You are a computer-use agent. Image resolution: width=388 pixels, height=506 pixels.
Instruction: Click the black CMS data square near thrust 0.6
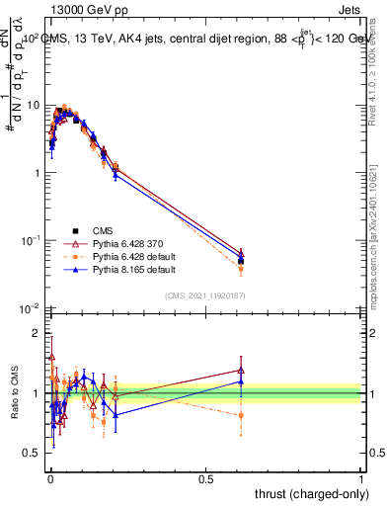[241, 261]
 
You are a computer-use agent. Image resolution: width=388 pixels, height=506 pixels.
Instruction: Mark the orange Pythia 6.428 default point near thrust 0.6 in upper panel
[241, 269]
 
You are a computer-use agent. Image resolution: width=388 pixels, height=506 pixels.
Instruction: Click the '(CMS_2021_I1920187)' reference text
[205, 295]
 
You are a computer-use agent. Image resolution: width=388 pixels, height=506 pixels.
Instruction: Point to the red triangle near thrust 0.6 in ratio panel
[241, 371]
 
